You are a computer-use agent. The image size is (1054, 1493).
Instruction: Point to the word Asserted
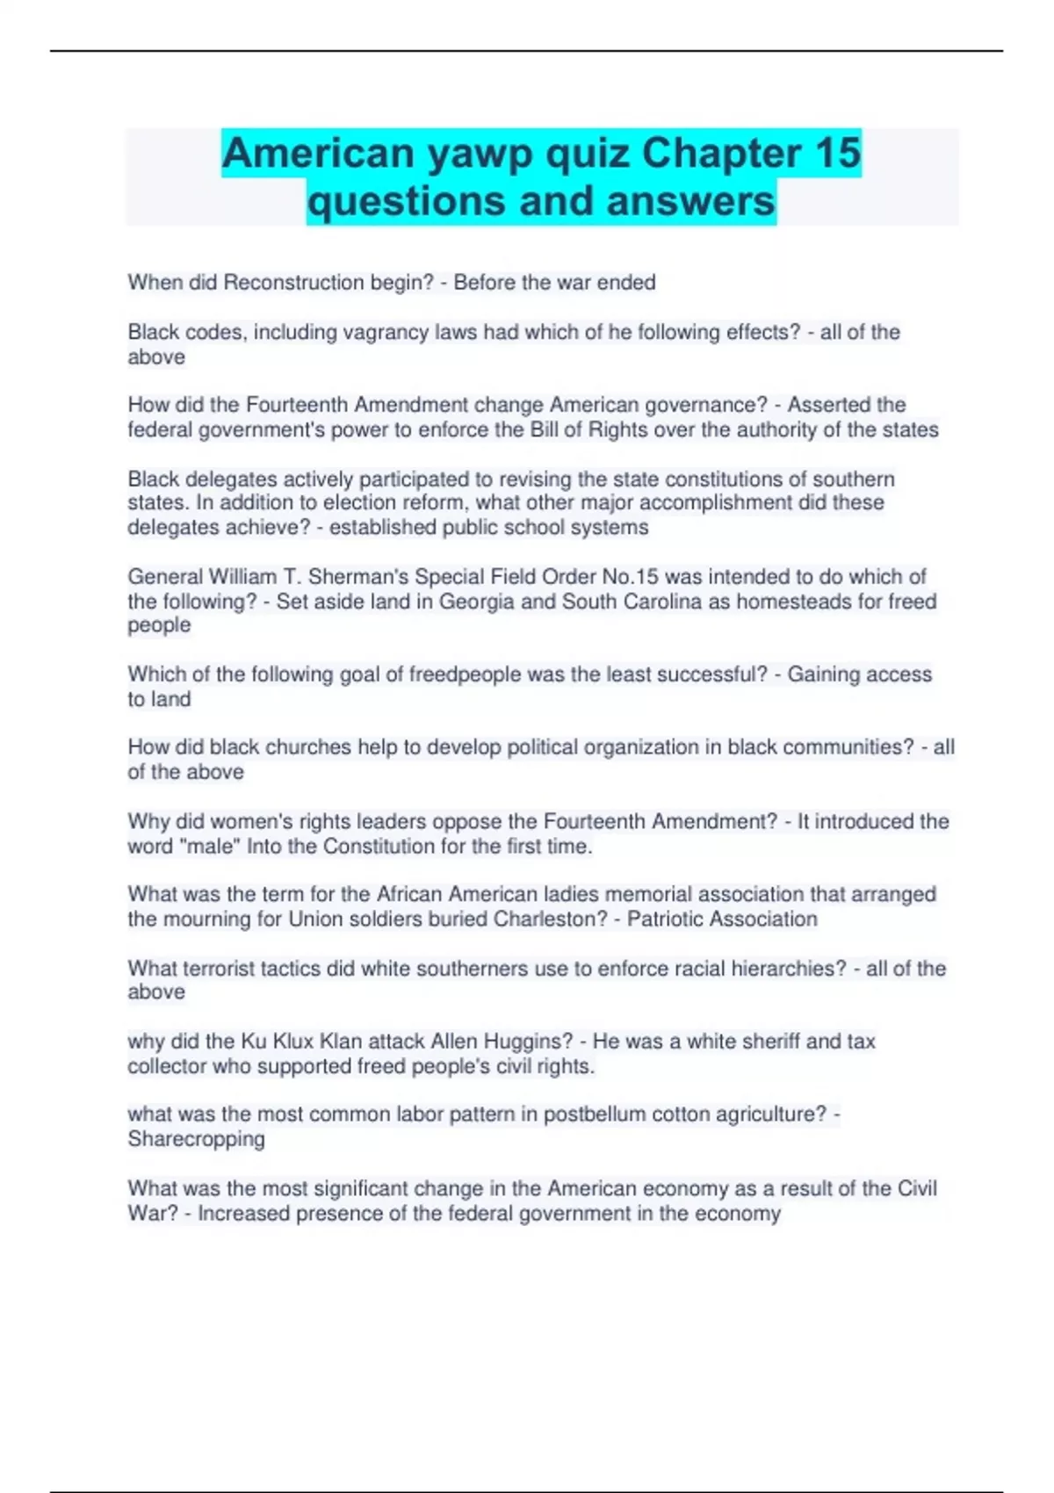[822, 405]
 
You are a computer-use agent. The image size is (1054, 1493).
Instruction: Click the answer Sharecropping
[196, 1139]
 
